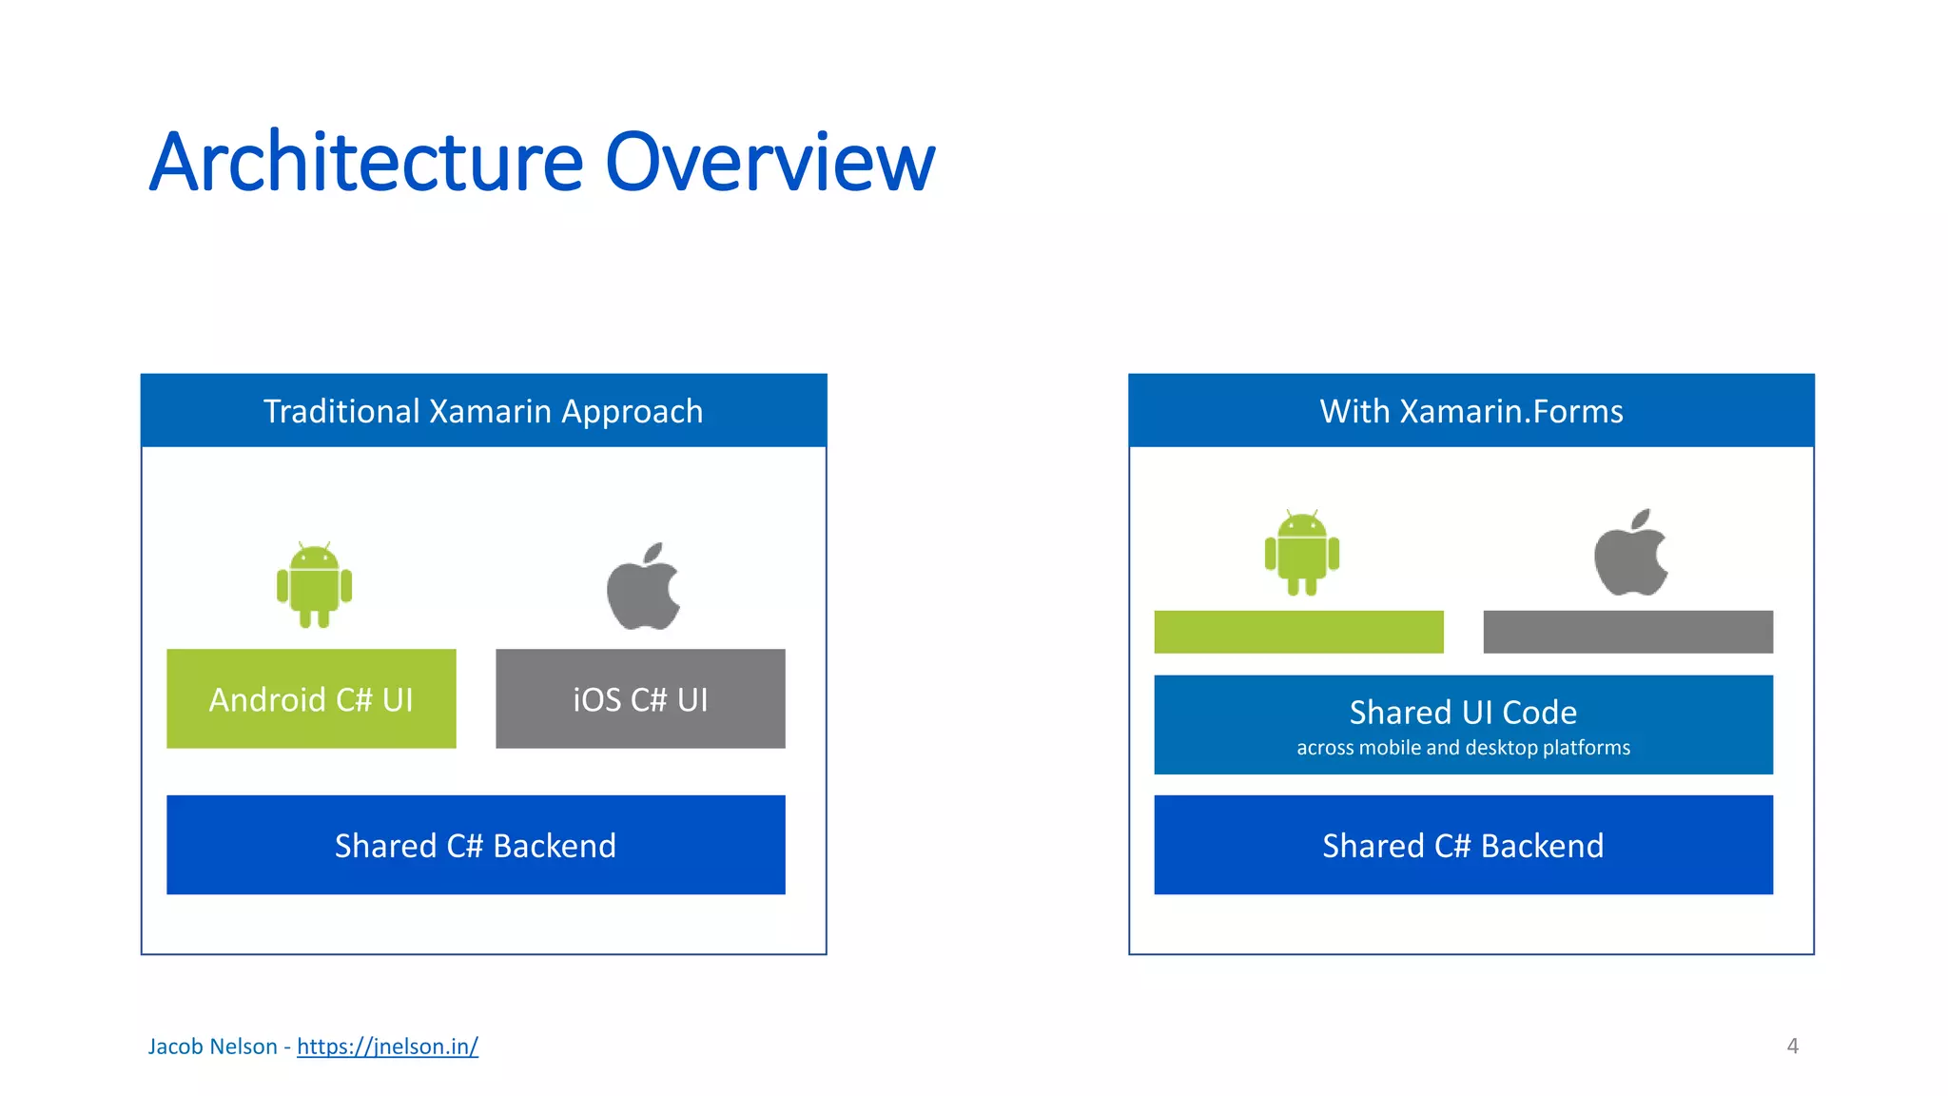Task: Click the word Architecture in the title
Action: pyautogui.click(x=366, y=162)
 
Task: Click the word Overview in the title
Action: pyautogui.click(x=769, y=162)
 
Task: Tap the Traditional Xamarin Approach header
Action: pyautogui.click(x=483, y=411)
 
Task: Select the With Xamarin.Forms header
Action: pyautogui.click(x=1471, y=411)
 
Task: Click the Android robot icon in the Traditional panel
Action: pyautogui.click(x=314, y=585)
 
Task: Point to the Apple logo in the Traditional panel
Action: pyautogui.click(x=644, y=586)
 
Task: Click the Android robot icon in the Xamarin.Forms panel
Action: pyautogui.click(x=1301, y=553)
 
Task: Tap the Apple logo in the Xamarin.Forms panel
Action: pyautogui.click(x=1631, y=553)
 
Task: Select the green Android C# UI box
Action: pyautogui.click(x=311, y=699)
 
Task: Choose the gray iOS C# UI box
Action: pyautogui.click(x=640, y=699)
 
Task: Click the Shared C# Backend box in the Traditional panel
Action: pyautogui.click(x=476, y=845)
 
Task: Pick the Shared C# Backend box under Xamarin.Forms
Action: pyautogui.click(x=1463, y=845)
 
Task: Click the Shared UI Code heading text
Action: pyautogui.click(x=1463, y=712)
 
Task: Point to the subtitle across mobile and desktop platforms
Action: pyautogui.click(x=1463, y=748)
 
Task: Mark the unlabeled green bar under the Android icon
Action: pyautogui.click(x=1298, y=632)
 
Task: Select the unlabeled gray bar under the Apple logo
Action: pyautogui.click(x=1627, y=632)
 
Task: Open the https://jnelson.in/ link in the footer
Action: pyautogui.click(x=387, y=1047)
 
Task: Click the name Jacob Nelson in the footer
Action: pyautogui.click(x=212, y=1047)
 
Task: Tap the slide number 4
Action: pyautogui.click(x=1792, y=1047)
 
